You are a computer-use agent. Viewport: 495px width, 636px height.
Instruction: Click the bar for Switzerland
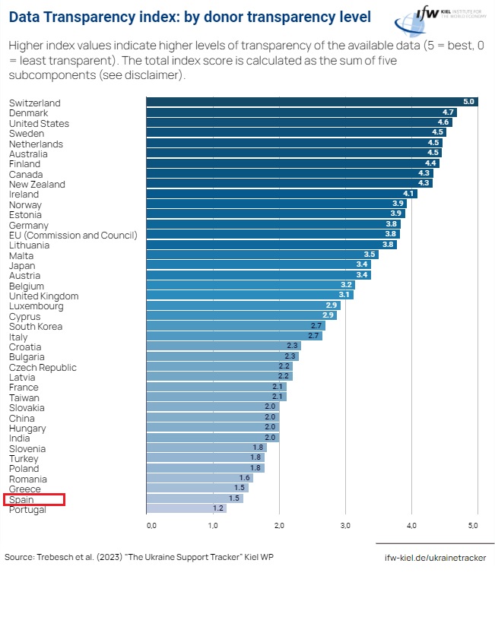coord(312,102)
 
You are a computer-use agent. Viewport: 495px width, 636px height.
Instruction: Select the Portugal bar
coord(186,509)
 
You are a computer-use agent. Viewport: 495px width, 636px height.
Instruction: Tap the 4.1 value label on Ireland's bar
coord(409,194)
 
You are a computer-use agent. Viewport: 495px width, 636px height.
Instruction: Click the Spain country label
coord(21,499)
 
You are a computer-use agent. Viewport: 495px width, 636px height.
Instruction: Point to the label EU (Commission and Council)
coord(73,235)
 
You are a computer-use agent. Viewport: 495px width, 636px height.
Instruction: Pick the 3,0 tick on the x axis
coord(345,525)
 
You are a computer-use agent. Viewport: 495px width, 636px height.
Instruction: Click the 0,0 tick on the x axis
coord(151,525)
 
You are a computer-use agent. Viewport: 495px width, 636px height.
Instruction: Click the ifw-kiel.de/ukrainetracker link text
coord(434,558)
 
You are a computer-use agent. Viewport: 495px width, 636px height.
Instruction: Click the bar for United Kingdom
coord(249,296)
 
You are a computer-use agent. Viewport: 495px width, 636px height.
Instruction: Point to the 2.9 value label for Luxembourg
coord(332,305)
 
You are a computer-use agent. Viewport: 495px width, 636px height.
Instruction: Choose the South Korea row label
coord(36,327)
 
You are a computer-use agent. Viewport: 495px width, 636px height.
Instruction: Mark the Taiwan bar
coord(216,397)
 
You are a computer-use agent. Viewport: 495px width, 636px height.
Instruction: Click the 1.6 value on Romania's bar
coord(245,479)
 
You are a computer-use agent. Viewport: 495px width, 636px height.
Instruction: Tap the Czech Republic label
coord(43,367)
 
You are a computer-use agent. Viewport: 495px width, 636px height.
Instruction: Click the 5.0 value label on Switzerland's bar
coord(469,102)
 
